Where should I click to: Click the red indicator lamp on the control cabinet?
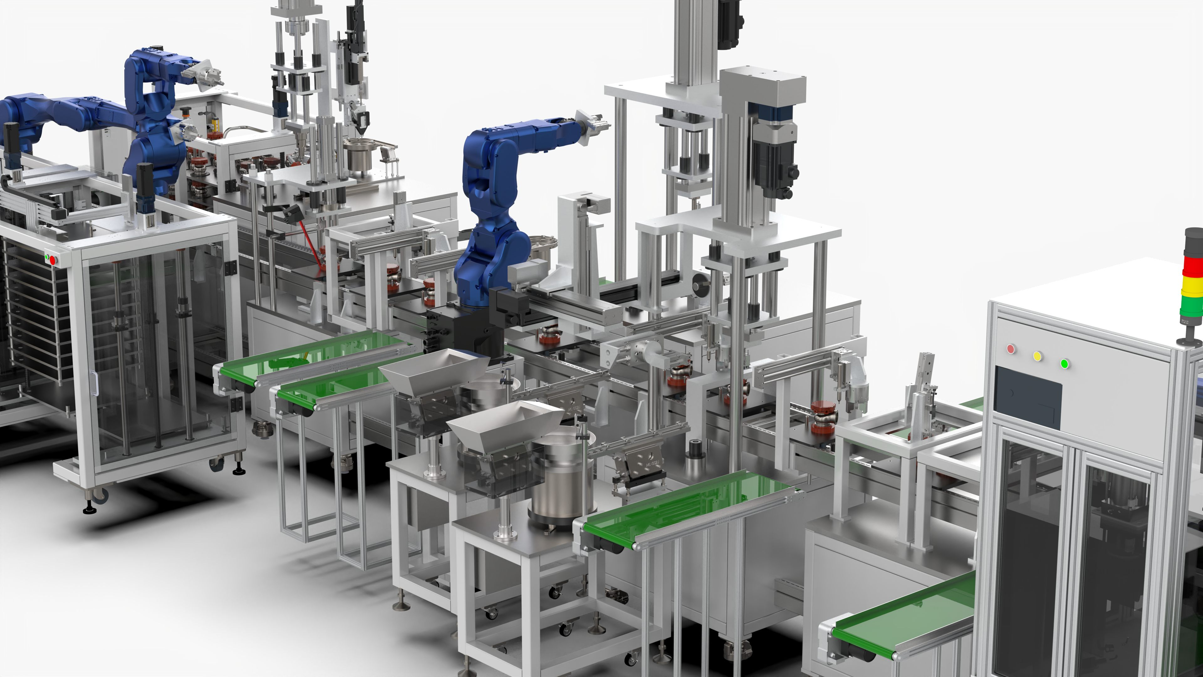(1011, 349)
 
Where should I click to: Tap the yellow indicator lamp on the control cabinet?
(1038, 356)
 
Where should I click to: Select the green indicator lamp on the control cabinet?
(1065, 364)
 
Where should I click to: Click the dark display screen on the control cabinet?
(1028, 397)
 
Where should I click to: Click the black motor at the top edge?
(729, 24)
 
